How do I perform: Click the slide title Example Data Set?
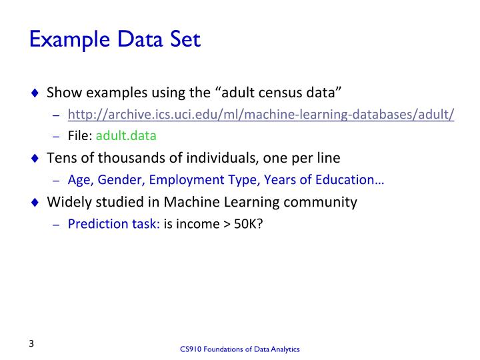(x=115, y=39)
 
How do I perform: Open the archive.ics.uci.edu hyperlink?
(x=261, y=115)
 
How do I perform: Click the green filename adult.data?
(x=127, y=136)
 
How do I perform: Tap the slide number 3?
(x=31, y=344)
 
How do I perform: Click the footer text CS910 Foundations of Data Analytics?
(x=240, y=349)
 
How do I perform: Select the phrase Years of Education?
(x=317, y=179)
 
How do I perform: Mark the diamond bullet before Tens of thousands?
(x=36, y=159)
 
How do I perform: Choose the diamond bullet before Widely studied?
(x=36, y=202)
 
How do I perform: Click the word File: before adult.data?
(x=81, y=136)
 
